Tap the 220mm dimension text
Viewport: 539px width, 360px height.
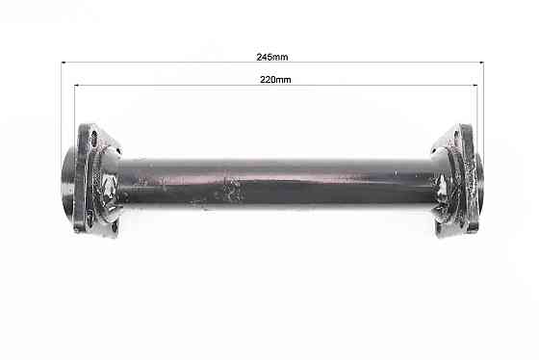[275, 80]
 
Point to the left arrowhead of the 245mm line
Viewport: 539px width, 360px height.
[64, 64]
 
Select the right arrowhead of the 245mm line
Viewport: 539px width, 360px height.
[480, 64]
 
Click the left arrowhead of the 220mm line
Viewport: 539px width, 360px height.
[78, 86]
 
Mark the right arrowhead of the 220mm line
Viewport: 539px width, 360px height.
[473, 86]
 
